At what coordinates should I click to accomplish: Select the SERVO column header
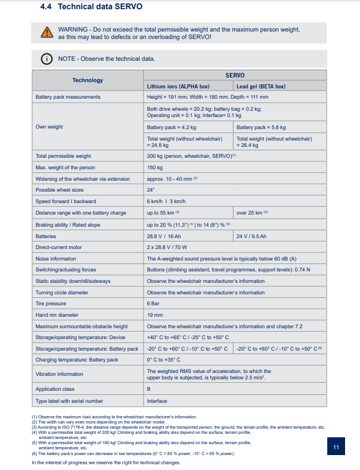235,75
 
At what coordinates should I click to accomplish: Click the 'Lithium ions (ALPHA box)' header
178,87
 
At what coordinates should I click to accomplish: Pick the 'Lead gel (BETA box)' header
261,87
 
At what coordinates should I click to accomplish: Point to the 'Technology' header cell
88,80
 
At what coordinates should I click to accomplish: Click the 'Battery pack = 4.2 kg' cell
172,127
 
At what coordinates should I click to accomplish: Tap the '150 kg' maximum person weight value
155,167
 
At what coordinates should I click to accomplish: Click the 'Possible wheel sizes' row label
59,190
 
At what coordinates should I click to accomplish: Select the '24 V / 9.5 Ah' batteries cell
251,236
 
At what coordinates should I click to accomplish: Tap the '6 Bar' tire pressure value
153,304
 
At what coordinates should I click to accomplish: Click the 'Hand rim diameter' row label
58,315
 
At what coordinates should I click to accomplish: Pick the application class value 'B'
149,389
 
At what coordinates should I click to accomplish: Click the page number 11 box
336,447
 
